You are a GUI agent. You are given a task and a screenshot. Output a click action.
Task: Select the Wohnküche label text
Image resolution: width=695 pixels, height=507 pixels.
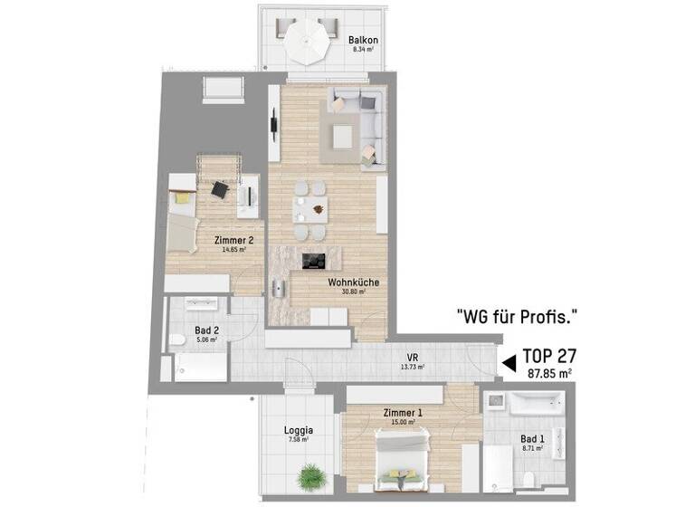[354, 282]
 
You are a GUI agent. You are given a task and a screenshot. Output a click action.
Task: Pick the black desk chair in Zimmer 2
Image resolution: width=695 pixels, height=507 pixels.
[219, 189]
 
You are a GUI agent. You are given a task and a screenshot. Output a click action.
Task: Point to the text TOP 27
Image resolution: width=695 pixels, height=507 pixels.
[546, 356]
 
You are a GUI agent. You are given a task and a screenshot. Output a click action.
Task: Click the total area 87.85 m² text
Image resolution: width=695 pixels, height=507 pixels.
[549, 373]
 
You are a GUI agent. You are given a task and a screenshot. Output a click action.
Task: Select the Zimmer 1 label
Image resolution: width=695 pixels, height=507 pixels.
[402, 413]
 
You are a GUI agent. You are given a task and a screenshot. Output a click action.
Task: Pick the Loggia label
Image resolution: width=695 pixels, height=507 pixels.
[298, 430]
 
